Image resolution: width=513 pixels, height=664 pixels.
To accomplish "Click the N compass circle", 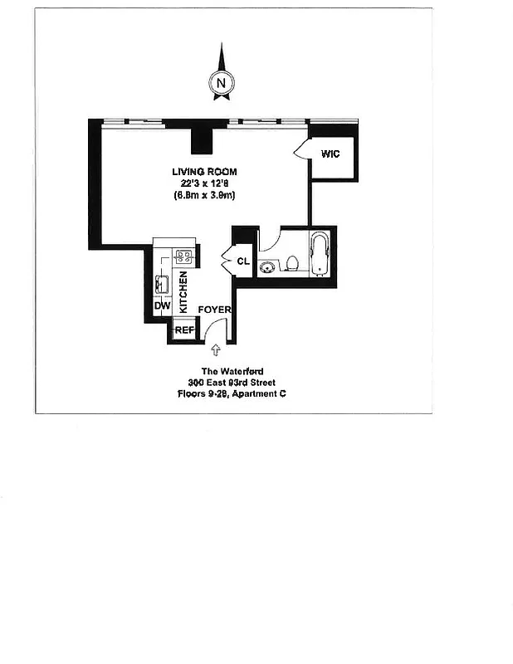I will click(221, 82).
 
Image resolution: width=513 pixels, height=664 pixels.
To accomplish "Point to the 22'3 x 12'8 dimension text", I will click(205, 183).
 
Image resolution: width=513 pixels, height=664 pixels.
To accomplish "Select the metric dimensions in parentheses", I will click(205, 195).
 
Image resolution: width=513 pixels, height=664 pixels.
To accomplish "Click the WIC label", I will click(330, 154).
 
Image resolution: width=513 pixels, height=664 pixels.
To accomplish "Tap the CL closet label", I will click(243, 261).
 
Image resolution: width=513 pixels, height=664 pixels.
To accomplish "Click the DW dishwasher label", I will click(162, 306).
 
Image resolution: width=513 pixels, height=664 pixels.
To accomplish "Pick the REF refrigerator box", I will click(183, 330).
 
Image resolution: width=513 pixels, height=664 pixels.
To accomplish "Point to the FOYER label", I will click(214, 310).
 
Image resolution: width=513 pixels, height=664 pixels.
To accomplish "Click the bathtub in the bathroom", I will click(320, 255).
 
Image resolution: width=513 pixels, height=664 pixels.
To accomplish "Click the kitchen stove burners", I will click(184, 256).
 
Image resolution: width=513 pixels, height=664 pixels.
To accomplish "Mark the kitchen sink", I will click(162, 283).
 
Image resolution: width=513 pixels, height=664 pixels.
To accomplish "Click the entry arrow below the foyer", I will click(217, 351).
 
